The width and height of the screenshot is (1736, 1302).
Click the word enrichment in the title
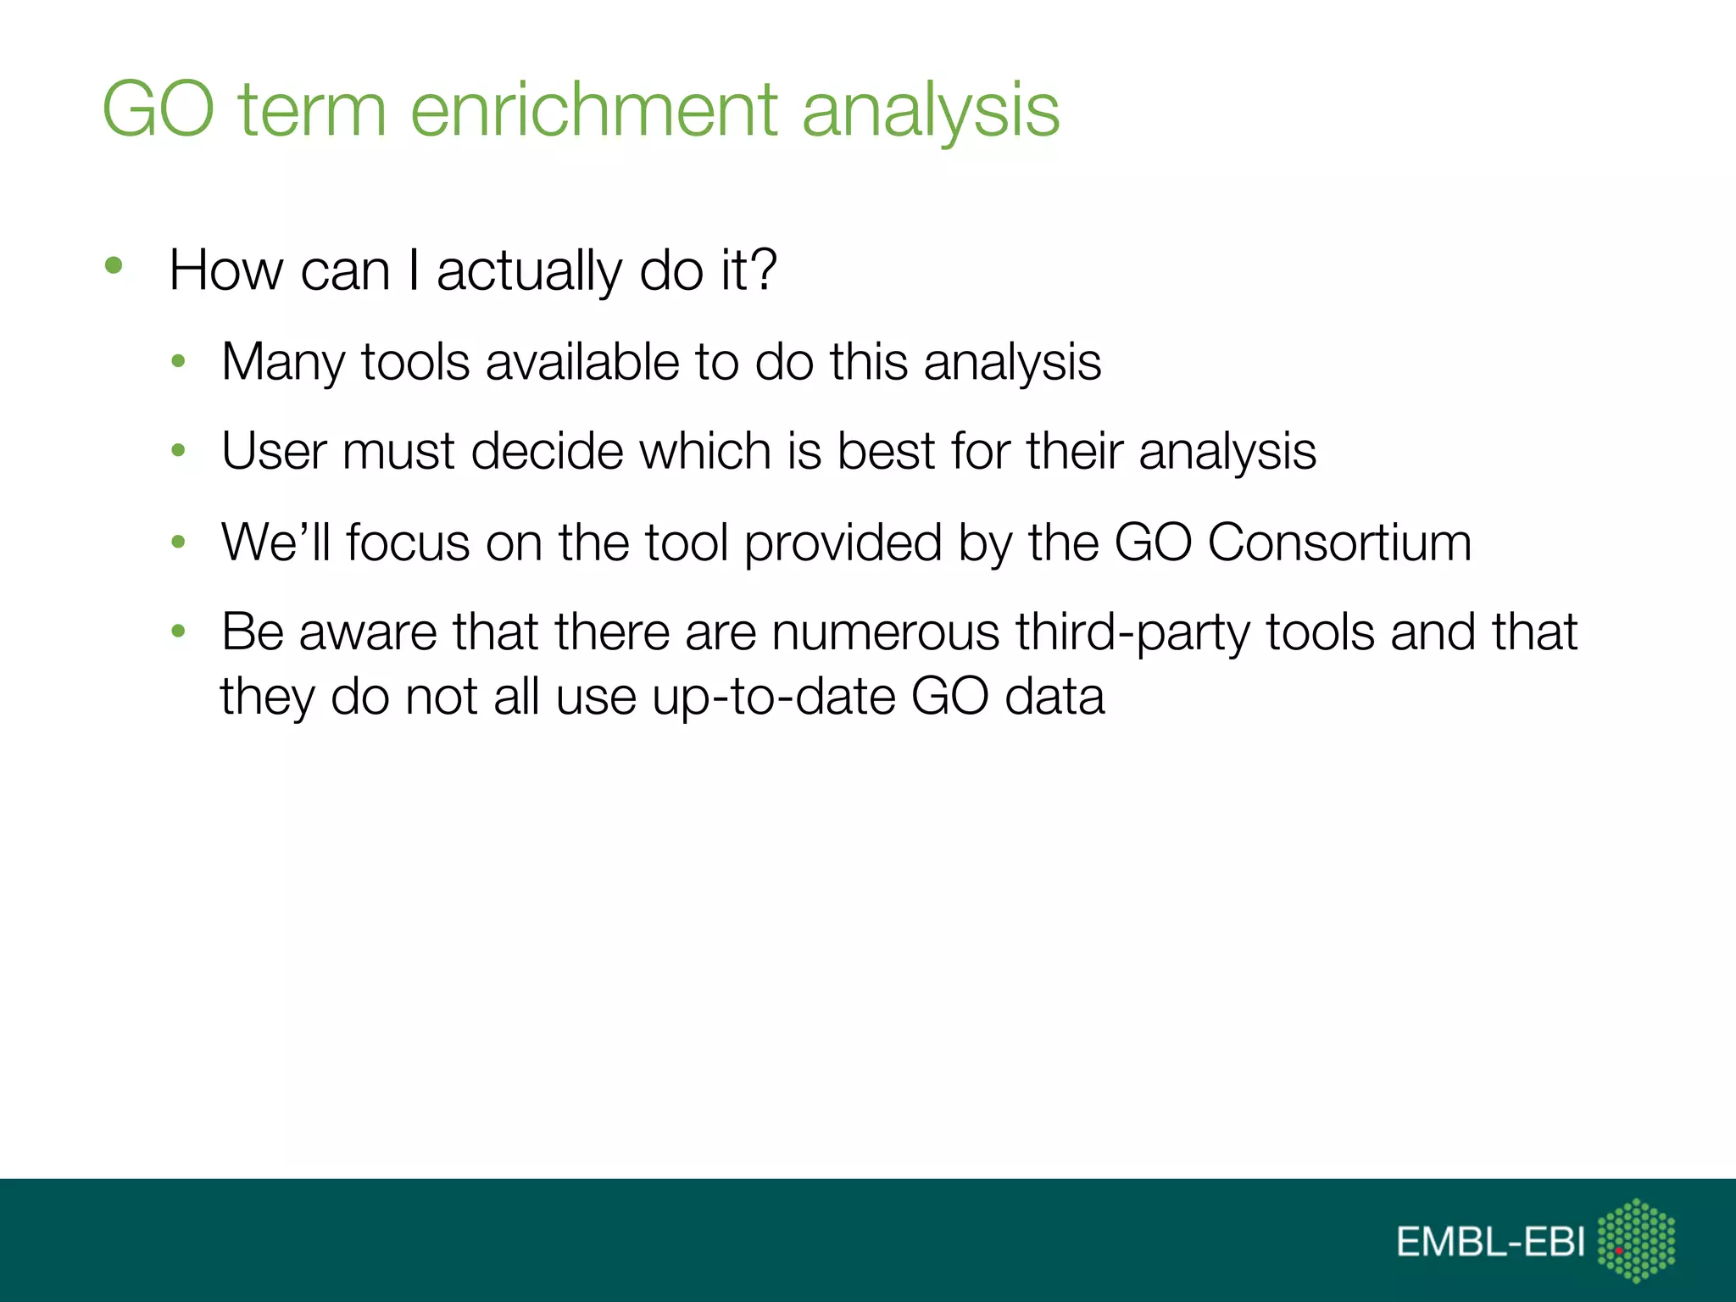[x=593, y=110]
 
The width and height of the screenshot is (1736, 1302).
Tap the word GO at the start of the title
[x=159, y=110]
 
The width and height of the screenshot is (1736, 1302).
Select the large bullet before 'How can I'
[x=114, y=266]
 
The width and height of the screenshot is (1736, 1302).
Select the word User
[x=273, y=451]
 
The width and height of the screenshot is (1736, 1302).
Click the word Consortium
[x=1339, y=542]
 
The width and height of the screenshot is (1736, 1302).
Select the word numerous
[x=885, y=632]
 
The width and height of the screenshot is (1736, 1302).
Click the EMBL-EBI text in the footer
[x=1490, y=1243]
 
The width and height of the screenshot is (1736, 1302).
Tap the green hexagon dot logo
[x=1636, y=1240]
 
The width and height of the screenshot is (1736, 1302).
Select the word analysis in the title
[x=930, y=110]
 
